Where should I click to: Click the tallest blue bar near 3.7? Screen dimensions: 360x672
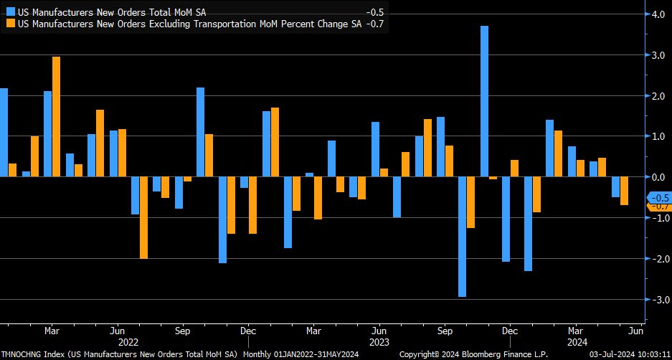(x=485, y=101)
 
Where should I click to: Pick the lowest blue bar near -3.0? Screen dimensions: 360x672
(x=463, y=237)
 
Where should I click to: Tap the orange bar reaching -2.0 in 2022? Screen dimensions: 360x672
(x=143, y=217)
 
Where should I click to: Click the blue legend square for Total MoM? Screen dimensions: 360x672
(x=10, y=12)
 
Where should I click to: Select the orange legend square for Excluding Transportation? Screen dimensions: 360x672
(x=10, y=23)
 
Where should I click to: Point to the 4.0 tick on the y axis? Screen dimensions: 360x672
(x=656, y=14)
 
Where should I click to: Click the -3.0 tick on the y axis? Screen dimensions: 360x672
(x=656, y=299)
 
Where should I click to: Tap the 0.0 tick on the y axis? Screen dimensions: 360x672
(x=656, y=176)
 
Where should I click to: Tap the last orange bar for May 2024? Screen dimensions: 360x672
(x=624, y=191)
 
